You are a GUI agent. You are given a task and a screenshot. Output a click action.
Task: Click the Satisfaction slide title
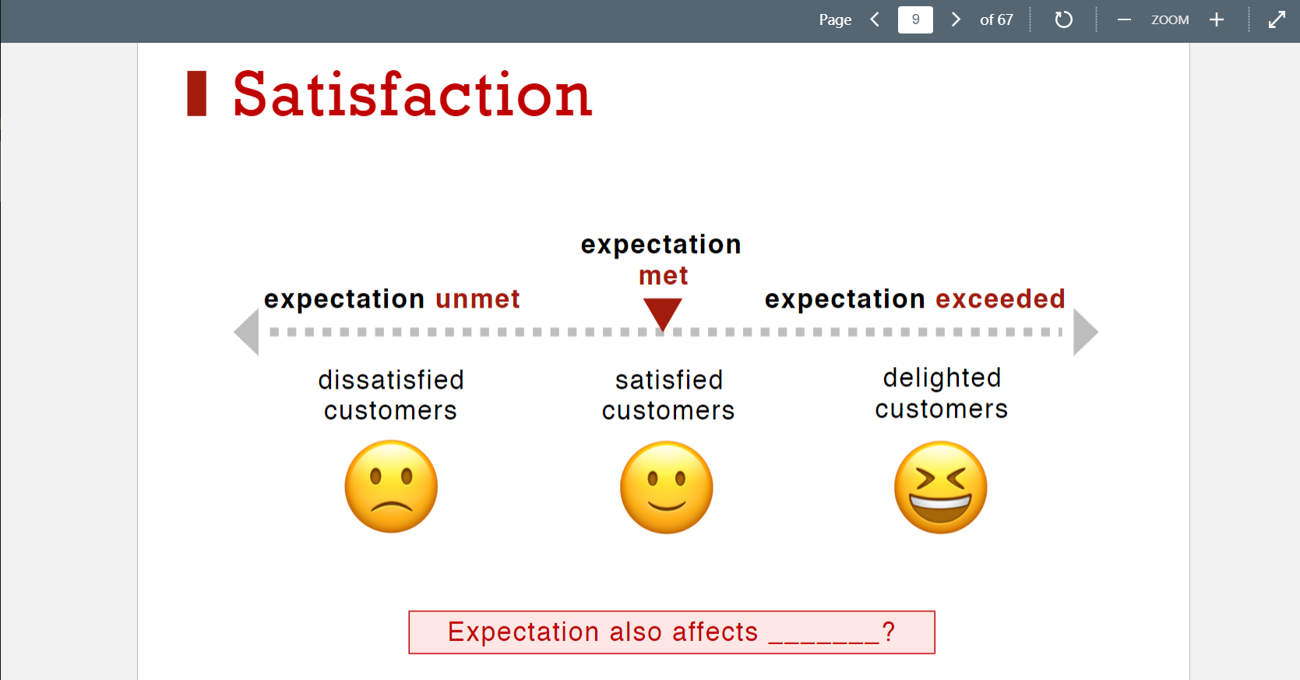point(412,94)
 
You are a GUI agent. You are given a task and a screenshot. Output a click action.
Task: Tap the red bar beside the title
point(197,93)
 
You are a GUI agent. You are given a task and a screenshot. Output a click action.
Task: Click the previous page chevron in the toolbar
point(875,19)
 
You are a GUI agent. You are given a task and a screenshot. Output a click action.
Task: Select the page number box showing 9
point(915,19)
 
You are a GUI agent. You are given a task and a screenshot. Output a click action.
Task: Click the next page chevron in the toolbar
point(956,19)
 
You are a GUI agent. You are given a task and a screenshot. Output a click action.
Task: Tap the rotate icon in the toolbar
point(1063,19)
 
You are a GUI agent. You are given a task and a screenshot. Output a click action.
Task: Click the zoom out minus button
point(1124,19)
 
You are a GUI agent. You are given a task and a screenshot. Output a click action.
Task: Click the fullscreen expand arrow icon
point(1277,19)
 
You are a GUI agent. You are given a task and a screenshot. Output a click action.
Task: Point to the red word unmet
point(477,299)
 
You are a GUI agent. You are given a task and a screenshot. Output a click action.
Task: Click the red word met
point(664,276)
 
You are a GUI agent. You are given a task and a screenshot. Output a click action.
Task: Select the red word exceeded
point(1001,299)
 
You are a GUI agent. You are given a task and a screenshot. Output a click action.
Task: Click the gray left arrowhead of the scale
point(248,332)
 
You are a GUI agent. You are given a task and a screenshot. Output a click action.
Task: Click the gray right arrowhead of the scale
point(1085,332)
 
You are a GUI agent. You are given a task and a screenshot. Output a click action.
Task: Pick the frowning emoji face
point(391,486)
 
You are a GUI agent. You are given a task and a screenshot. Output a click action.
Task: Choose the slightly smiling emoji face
point(666,488)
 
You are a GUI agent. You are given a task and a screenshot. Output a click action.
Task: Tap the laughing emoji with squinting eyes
point(941,488)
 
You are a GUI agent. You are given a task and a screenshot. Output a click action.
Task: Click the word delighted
point(942,379)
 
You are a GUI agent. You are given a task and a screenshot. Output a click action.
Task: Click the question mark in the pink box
point(888,631)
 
